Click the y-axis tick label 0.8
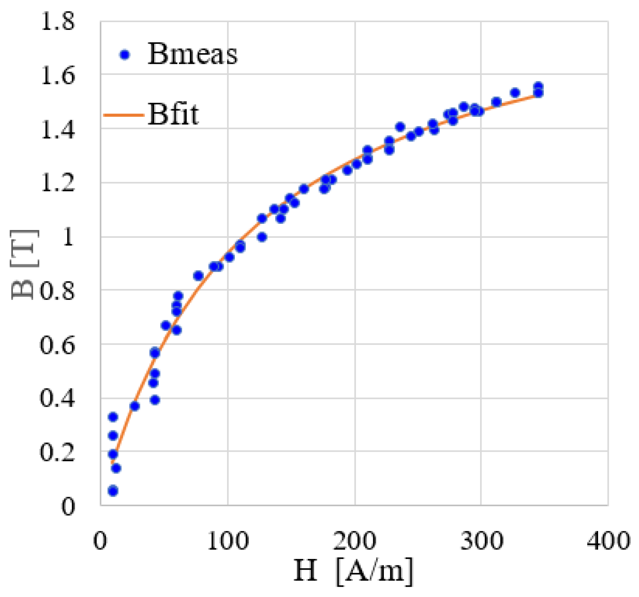click(57, 291)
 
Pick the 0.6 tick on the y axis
click(57, 345)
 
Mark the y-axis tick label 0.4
click(57, 399)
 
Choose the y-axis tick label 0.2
click(57, 452)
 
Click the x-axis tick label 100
click(228, 541)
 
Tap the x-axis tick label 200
click(354, 541)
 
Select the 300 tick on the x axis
click(481, 541)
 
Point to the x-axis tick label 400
click(608, 541)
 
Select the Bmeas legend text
click(192, 54)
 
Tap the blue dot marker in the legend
click(125, 55)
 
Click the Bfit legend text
click(173, 114)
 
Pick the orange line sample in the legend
click(123, 115)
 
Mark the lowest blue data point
click(113, 491)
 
